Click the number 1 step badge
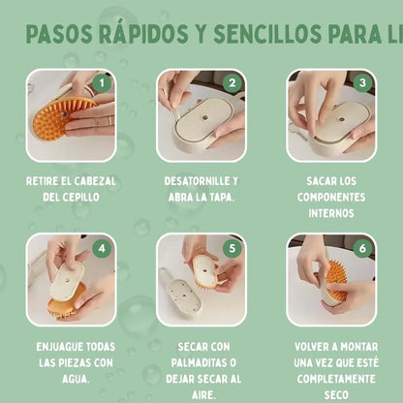(x=105, y=82)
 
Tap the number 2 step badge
(x=232, y=82)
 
